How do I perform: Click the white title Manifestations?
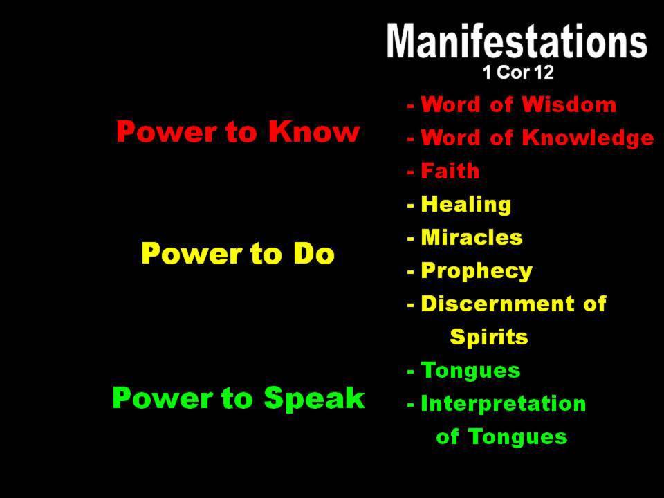pyautogui.click(x=517, y=41)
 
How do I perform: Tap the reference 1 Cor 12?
pyautogui.click(x=518, y=72)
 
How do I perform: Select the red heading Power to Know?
pyautogui.click(x=238, y=131)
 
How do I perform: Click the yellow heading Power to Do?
pyautogui.click(x=238, y=253)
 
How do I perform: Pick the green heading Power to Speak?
pyautogui.click(x=239, y=398)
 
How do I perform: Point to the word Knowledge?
pyautogui.click(x=588, y=138)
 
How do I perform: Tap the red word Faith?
pyautogui.click(x=450, y=171)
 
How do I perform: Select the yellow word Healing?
pyautogui.click(x=465, y=205)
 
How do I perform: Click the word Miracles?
pyautogui.click(x=471, y=237)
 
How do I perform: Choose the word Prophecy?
pyautogui.click(x=477, y=271)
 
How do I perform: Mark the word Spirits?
pyautogui.click(x=489, y=337)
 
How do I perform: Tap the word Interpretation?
pyautogui.click(x=503, y=403)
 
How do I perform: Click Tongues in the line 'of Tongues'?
pyautogui.click(x=518, y=436)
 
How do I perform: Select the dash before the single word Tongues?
pyautogui.click(x=410, y=371)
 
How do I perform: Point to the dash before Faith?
pyautogui.click(x=410, y=172)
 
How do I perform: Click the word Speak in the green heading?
pyautogui.click(x=314, y=398)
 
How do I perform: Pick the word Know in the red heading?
pyautogui.click(x=314, y=131)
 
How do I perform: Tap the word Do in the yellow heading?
pyautogui.click(x=314, y=253)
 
